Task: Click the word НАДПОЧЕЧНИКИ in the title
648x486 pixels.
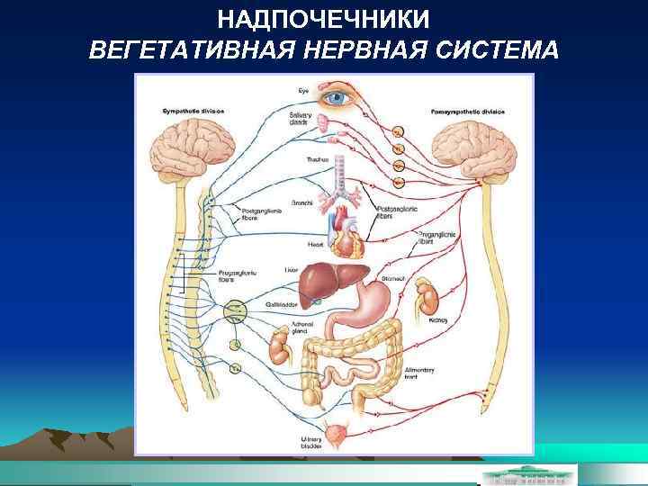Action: click(323, 19)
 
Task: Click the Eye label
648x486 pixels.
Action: click(303, 89)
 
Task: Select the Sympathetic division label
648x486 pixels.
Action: click(192, 111)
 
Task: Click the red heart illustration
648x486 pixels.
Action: click(346, 230)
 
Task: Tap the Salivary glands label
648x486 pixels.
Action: click(300, 119)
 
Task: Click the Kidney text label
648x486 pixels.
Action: click(438, 319)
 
